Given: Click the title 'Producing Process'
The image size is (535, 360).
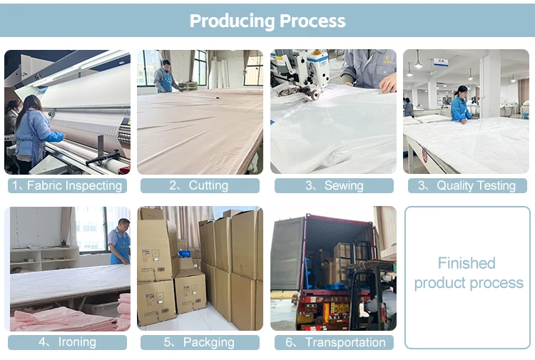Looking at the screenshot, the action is click(267, 21).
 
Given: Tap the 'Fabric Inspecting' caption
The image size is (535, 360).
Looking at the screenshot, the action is click(68, 185).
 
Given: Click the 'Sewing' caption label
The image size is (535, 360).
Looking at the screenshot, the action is click(334, 185).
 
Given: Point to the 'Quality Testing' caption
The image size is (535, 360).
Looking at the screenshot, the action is click(467, 185).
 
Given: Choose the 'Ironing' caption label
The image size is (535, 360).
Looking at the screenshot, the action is click(68, 342).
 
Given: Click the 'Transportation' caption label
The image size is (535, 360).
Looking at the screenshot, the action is click(334, 342).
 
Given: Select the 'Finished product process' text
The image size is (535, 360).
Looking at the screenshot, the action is click(469, 273).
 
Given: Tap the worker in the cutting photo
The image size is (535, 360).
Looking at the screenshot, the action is click(166, 77).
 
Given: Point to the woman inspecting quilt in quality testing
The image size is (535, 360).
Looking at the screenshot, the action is click(460, 106).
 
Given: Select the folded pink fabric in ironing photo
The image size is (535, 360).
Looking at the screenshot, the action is click(50, 319).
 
